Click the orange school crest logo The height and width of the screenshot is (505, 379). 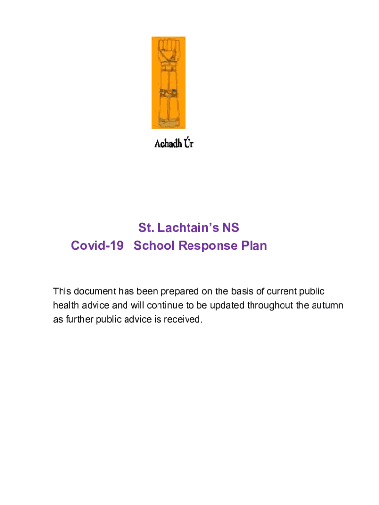pos(168,82)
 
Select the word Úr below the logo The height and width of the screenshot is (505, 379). pos(188,144)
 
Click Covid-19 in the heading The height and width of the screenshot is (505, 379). pos(97,245)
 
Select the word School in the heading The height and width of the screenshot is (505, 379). pos(154,245)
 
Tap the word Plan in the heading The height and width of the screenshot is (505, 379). pos(253,245)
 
